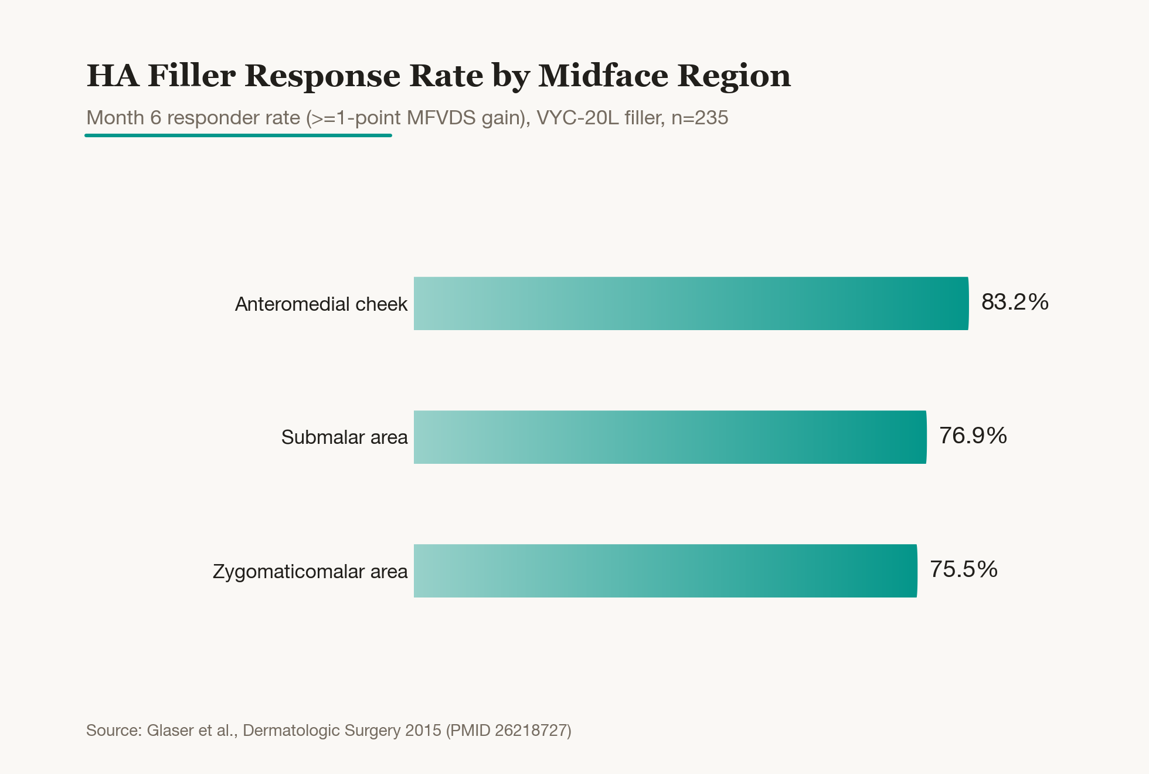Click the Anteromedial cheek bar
click(x=691, y=303)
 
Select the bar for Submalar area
click(x=670, y=437)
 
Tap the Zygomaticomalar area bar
click(x=665, y=571)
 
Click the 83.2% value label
click(x=1015, y=302)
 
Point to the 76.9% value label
click(x=973, y=436)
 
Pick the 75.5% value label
click(x=964, y=569)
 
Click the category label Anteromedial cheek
click(x=321, y=304)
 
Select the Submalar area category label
click(x=345, y=437)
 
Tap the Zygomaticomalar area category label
click(x=310, y=572)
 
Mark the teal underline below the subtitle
click(x=238, y=135)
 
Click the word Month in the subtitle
click(x=115, y=118)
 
